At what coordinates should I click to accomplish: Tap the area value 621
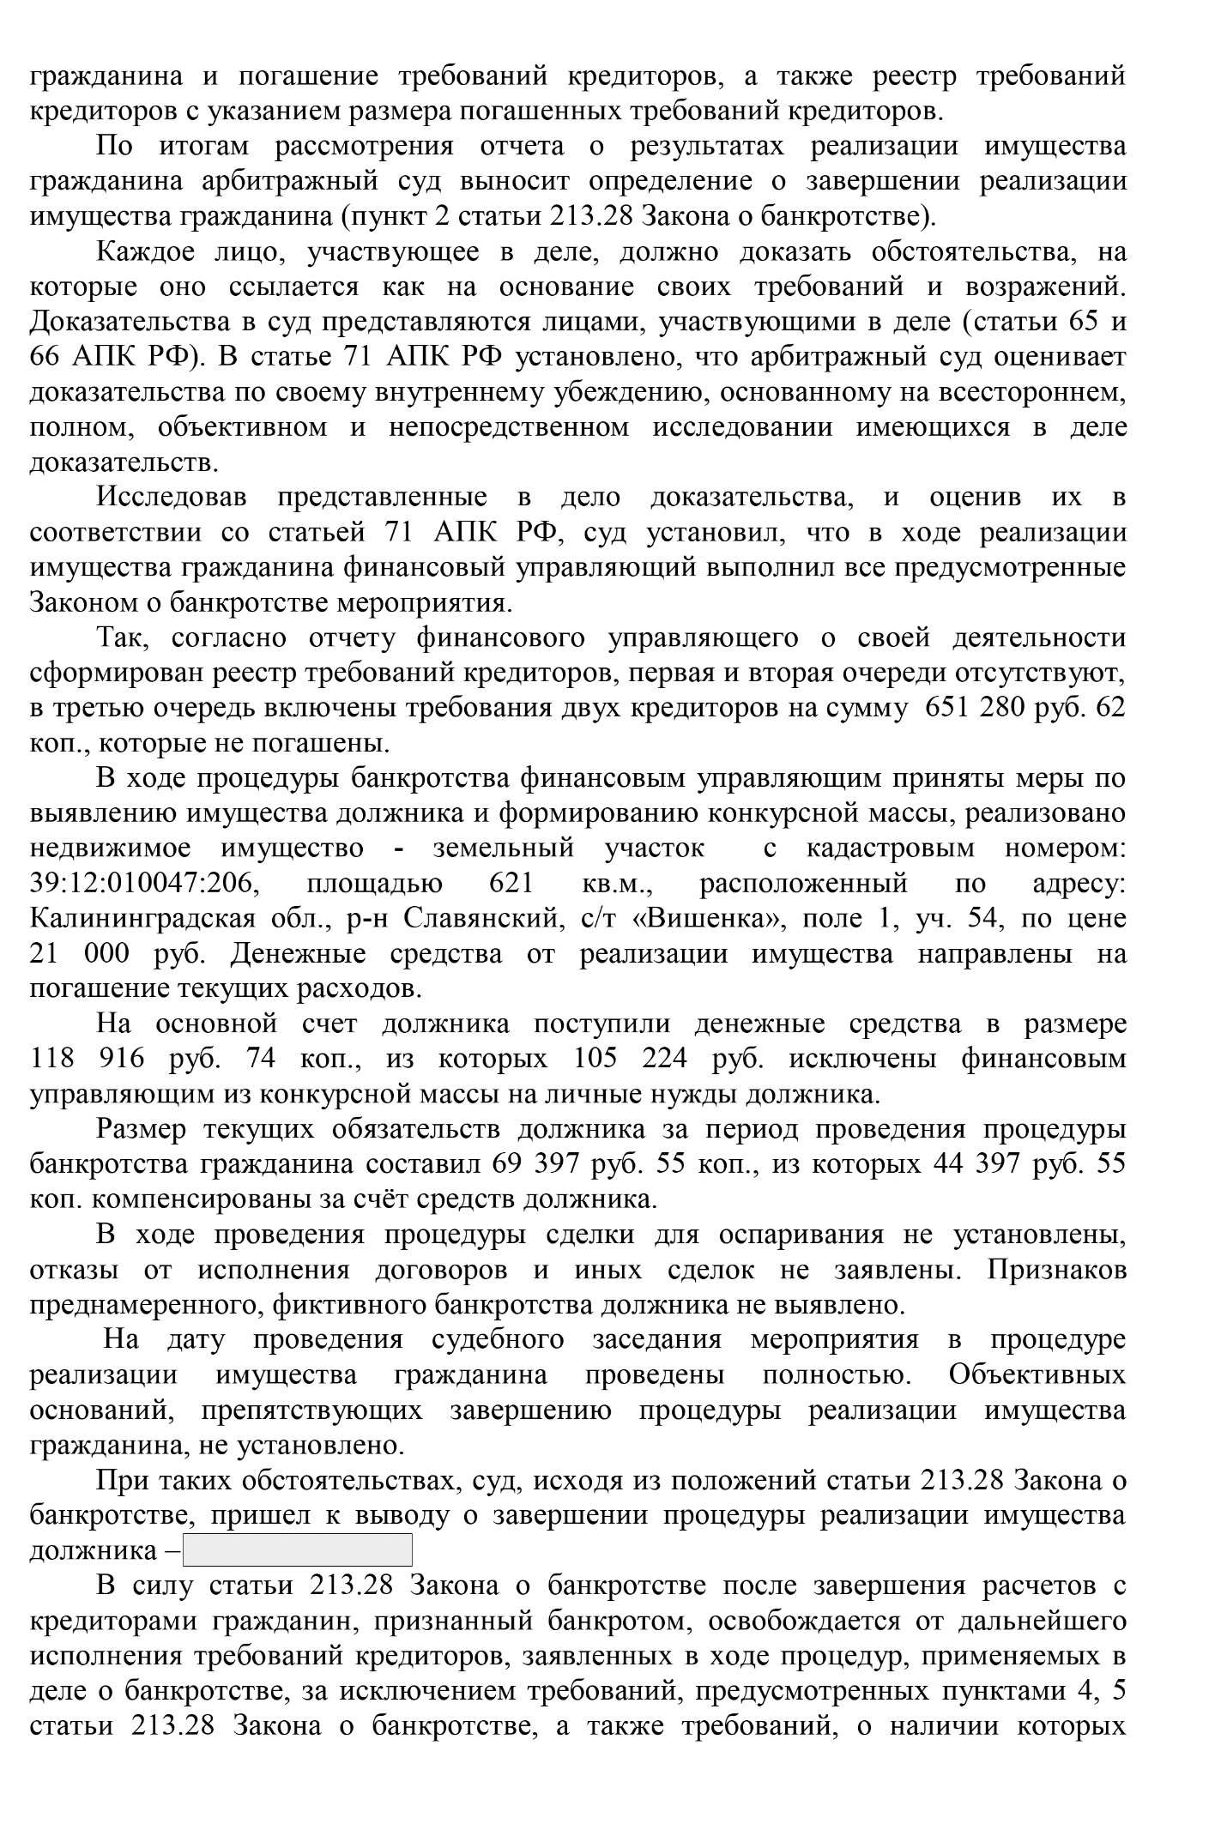[x=511, y=884]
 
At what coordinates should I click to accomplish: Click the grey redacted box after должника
[x=298, y=1550]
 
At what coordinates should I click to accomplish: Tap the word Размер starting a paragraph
[x=141, y=1130]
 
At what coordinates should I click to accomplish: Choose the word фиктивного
[x=347, y=1305]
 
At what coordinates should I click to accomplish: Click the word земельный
[x=503, y=849]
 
